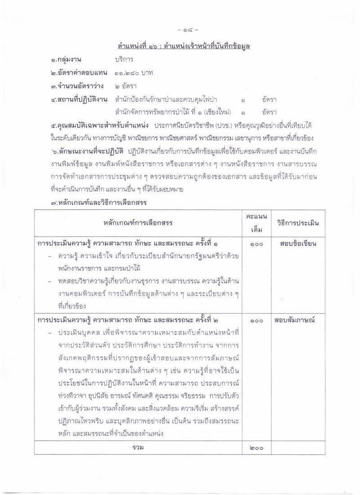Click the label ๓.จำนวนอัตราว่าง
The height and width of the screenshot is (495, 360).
(x=77, y=86)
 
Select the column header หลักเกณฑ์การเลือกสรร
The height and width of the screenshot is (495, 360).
(x=139, y=223)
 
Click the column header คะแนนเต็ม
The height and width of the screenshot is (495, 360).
(x=256, y=223)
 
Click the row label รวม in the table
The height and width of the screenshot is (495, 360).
(x=139, y=448)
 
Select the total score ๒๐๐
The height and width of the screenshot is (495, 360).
(x=256, y=448)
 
